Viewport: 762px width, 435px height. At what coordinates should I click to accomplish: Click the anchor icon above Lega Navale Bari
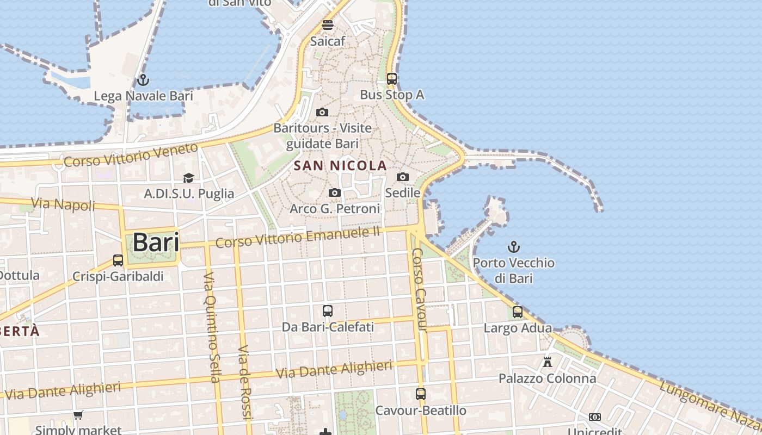[x=143, y=80]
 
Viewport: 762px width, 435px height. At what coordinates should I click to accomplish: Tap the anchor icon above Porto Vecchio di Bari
[x=513, y=247]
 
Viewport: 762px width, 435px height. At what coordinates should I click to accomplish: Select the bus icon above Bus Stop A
[x=391, y=78]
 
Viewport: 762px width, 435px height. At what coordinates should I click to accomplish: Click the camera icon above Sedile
[x=403, y=177]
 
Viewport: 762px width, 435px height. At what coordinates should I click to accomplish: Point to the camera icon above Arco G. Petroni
[x=335, y=192]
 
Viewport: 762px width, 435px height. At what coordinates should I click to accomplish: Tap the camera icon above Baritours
[x=322, y=112]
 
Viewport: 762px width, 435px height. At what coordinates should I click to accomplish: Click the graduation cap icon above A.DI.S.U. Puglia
[x=188, y=178]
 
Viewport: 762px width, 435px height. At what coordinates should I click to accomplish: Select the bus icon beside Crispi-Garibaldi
[x=118, y=260]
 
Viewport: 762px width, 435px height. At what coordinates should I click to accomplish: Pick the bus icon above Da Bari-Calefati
[x=327, y=311]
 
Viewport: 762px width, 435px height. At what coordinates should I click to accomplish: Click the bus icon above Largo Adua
[x=518, y=312]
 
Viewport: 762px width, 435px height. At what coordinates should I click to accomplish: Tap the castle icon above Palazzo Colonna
[x=547, y=362]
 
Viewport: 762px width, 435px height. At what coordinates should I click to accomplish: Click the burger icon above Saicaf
[x=328, y=24]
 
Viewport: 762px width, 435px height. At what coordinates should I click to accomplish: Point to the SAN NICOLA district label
[x=340, y=166]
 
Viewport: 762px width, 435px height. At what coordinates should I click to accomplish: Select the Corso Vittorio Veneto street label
[x=131, y=154]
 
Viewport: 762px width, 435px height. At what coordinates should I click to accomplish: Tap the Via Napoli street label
[x=63, y=204]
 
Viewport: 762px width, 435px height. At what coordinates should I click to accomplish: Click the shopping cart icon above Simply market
[x=78, y=415]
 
